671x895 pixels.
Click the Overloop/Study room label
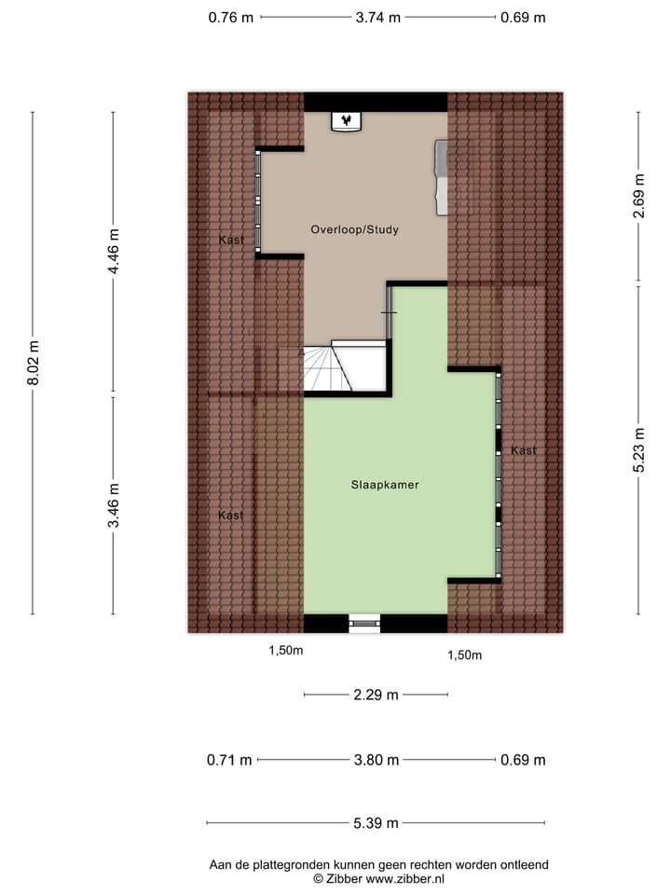pyautogui.click(x=354, y=229)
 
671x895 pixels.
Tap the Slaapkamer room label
pyautogui.click(x=384, y=485)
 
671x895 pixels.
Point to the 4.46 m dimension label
pyautogui.click(x=114, y=252)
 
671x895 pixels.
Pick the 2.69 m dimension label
pyautogui.click(x=638, y=197)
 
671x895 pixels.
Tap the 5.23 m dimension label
pyautogui.click(x=638, y=450)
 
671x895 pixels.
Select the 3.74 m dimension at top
pyautogui.click(x=378, y=17)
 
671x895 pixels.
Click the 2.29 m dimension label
pyautogui.click(x=376, y=695)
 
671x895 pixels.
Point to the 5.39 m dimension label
pyautogui.click(x=376, y=822)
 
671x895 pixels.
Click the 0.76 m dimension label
pyautogui.click(x=231, y=17)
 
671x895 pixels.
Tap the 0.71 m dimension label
pyautogui.click(x=229, y=760)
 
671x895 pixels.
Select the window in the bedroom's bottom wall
pyautogui.click(x=364, y=623)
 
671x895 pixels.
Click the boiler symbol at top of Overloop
pyautogui.click(x=347, y=122)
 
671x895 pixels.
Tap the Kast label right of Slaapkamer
pyautogui.click(x=523, y=451)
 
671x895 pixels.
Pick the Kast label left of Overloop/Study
pyautogui.click(x=231, y=241)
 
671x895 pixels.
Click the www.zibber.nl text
pyautogui.click(x=405, y=878)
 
